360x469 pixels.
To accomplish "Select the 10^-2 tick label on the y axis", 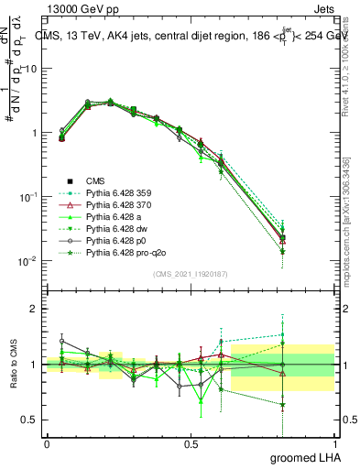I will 30,261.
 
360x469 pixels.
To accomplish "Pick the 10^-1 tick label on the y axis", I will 30,197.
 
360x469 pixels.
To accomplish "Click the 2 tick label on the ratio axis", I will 35,309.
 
